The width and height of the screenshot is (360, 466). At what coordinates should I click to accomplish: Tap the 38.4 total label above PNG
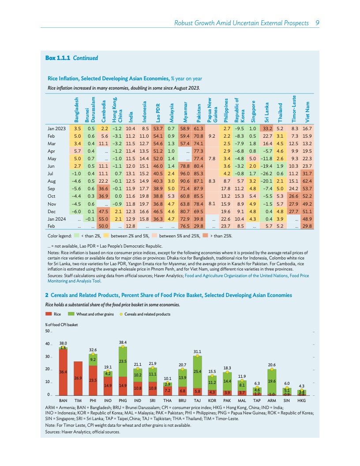123,342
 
